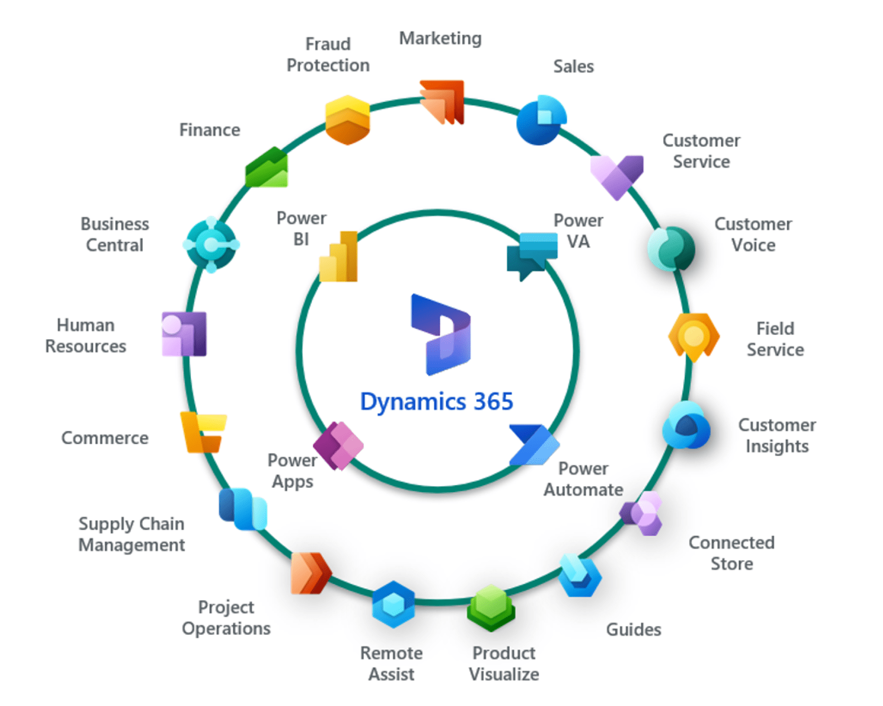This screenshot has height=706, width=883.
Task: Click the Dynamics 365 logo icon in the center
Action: click(441, 335)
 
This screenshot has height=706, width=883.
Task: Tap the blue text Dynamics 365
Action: click(436, 402)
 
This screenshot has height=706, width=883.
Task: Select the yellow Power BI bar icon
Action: click(338, 257)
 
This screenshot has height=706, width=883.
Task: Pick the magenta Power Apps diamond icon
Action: click(338, 445)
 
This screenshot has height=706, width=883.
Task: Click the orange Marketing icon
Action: click(442, 102)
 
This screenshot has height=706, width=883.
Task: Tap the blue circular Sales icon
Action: click(541, 120)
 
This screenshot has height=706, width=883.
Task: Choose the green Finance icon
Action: click(267, 168)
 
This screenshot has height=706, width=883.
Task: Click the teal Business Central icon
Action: click(211, 244)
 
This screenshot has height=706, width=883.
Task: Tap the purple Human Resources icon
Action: click(184, 334)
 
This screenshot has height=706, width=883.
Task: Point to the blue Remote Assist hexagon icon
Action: click(393, 605)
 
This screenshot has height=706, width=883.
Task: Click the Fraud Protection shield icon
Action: click(347, 120)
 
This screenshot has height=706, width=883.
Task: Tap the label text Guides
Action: click(633, 630)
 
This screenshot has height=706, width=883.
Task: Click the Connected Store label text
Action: click(731, 553)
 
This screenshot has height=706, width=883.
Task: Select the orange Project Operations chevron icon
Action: click(310, 573)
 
